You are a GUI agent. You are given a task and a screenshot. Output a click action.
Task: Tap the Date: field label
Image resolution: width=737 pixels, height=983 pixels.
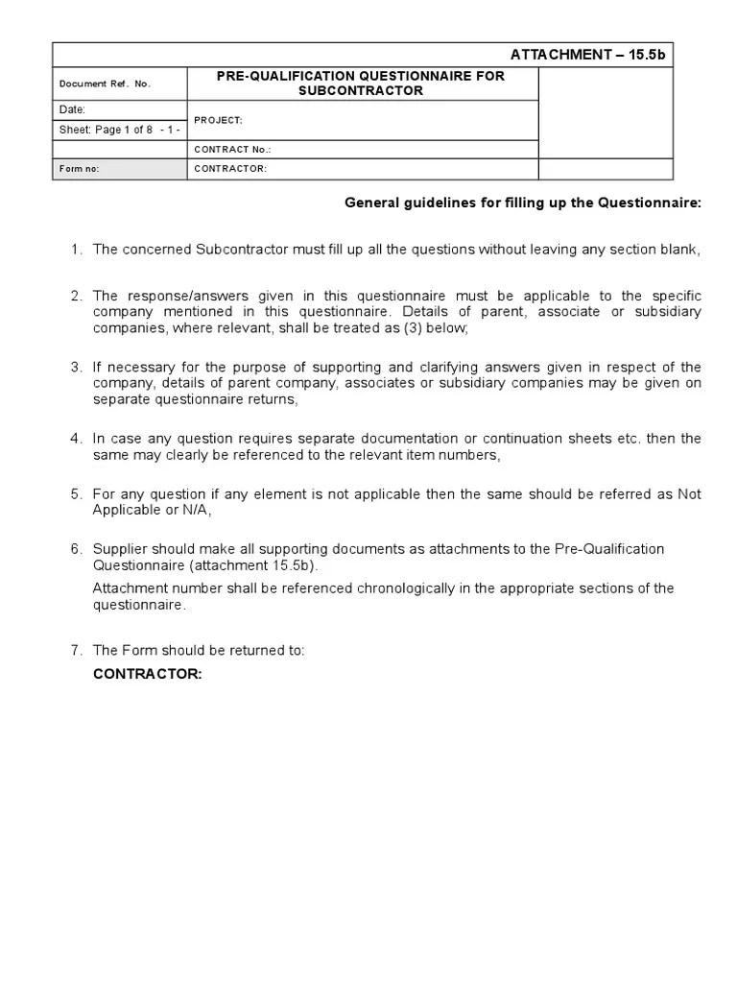click(74, 110)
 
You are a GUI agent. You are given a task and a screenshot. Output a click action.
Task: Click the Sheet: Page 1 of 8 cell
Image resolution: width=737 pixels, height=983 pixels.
click(119, 130)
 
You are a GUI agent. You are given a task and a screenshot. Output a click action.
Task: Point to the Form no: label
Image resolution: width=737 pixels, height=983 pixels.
click(80, 169)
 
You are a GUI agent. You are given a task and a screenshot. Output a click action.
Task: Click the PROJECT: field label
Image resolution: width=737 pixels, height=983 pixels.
click(218, 121)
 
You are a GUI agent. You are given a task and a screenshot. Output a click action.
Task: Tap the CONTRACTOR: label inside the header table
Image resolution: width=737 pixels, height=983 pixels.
click(230, 169)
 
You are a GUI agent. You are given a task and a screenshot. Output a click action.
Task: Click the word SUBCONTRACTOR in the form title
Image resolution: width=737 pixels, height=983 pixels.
click(363, 91)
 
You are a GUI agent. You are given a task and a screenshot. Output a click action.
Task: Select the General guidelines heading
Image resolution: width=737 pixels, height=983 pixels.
click(522, 203)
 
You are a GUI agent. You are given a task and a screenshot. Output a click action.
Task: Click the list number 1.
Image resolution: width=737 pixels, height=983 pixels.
click(76, 250)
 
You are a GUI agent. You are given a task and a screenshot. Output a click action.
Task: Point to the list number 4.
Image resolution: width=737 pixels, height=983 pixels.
click(76, 439)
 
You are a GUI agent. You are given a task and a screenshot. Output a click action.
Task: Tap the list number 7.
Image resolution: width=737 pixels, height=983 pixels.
click(76, 651)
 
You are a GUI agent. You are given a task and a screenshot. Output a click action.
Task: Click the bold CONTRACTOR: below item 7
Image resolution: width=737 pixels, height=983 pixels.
click(147, 674)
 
